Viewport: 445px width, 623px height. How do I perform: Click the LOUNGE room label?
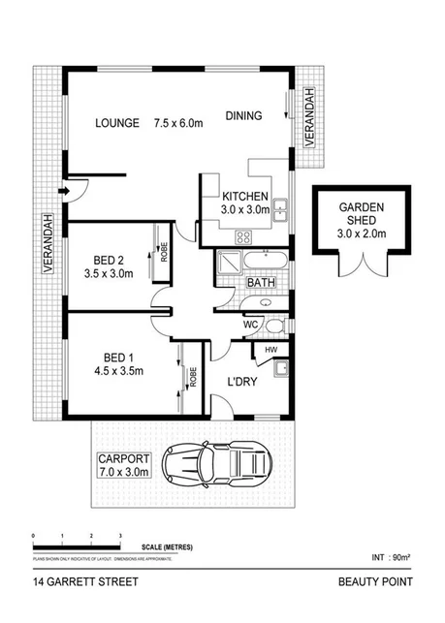(118, 123)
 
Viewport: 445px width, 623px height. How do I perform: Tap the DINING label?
(243, 116)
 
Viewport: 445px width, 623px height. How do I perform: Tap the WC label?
(249, 324)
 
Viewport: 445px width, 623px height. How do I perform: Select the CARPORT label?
(122, 458)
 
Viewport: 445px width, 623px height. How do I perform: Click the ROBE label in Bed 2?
(164, 251)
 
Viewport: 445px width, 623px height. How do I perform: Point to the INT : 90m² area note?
(391, 557)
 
